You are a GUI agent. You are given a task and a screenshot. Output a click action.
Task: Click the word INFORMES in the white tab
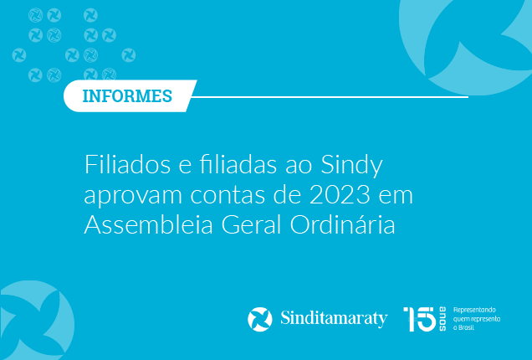(127, 96)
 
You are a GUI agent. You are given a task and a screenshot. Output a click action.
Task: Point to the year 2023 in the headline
(340, 195)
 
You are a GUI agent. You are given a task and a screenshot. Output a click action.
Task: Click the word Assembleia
(149, 225)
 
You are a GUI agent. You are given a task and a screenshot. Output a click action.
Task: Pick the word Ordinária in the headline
(343, 224)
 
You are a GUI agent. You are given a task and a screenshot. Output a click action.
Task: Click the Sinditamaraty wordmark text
(334, 319)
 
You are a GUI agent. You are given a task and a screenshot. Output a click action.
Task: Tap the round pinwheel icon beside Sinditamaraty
(260, 319)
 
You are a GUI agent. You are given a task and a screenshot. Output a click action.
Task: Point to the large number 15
(420, 319)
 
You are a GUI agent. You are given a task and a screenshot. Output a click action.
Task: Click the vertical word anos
(442, 319)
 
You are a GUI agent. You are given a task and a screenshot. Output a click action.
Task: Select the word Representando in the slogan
(474, 310)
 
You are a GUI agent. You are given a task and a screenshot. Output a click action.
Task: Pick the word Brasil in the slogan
(466, 327)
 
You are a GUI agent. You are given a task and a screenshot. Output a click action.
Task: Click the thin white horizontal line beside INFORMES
(330, 97)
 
